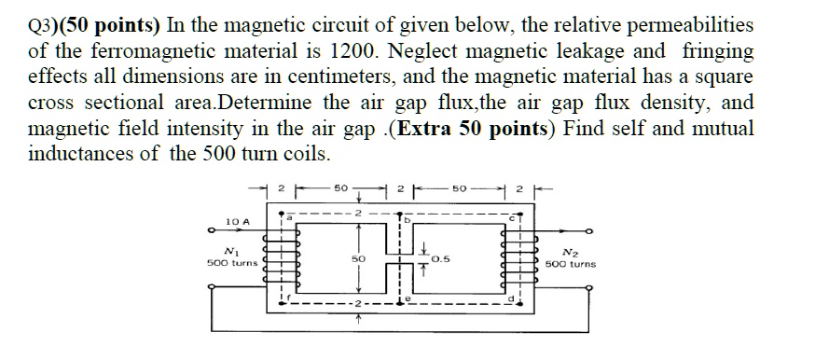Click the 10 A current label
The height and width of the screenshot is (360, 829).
239,221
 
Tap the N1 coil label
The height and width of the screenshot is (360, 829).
228,251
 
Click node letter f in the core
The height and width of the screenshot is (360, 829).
289,298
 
